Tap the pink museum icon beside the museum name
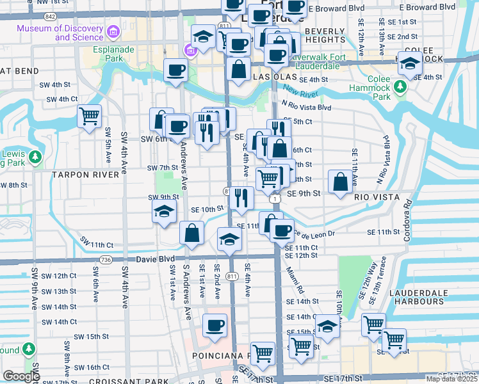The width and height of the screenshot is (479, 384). [x=113, y=31]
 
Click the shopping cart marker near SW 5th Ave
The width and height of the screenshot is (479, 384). [x=89, y=116]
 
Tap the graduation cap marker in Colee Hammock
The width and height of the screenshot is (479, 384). [x=410, y=64]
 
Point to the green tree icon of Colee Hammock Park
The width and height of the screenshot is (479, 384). [x=402, y=85]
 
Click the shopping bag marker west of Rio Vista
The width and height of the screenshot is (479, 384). [x=340, y=182]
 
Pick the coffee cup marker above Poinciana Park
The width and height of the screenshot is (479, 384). [x=214, y=325]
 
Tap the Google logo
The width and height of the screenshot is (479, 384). [x=21, y=376]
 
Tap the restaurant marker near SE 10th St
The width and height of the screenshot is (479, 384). [x=241, y=198]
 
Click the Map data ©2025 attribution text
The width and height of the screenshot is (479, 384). [x=451, y=379]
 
